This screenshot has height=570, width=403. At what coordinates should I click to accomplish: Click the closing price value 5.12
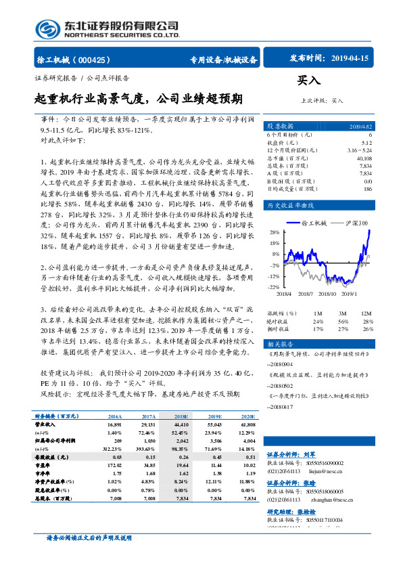[x=366, y=143]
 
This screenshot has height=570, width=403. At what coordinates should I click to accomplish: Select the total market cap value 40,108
[x=363, y=158]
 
